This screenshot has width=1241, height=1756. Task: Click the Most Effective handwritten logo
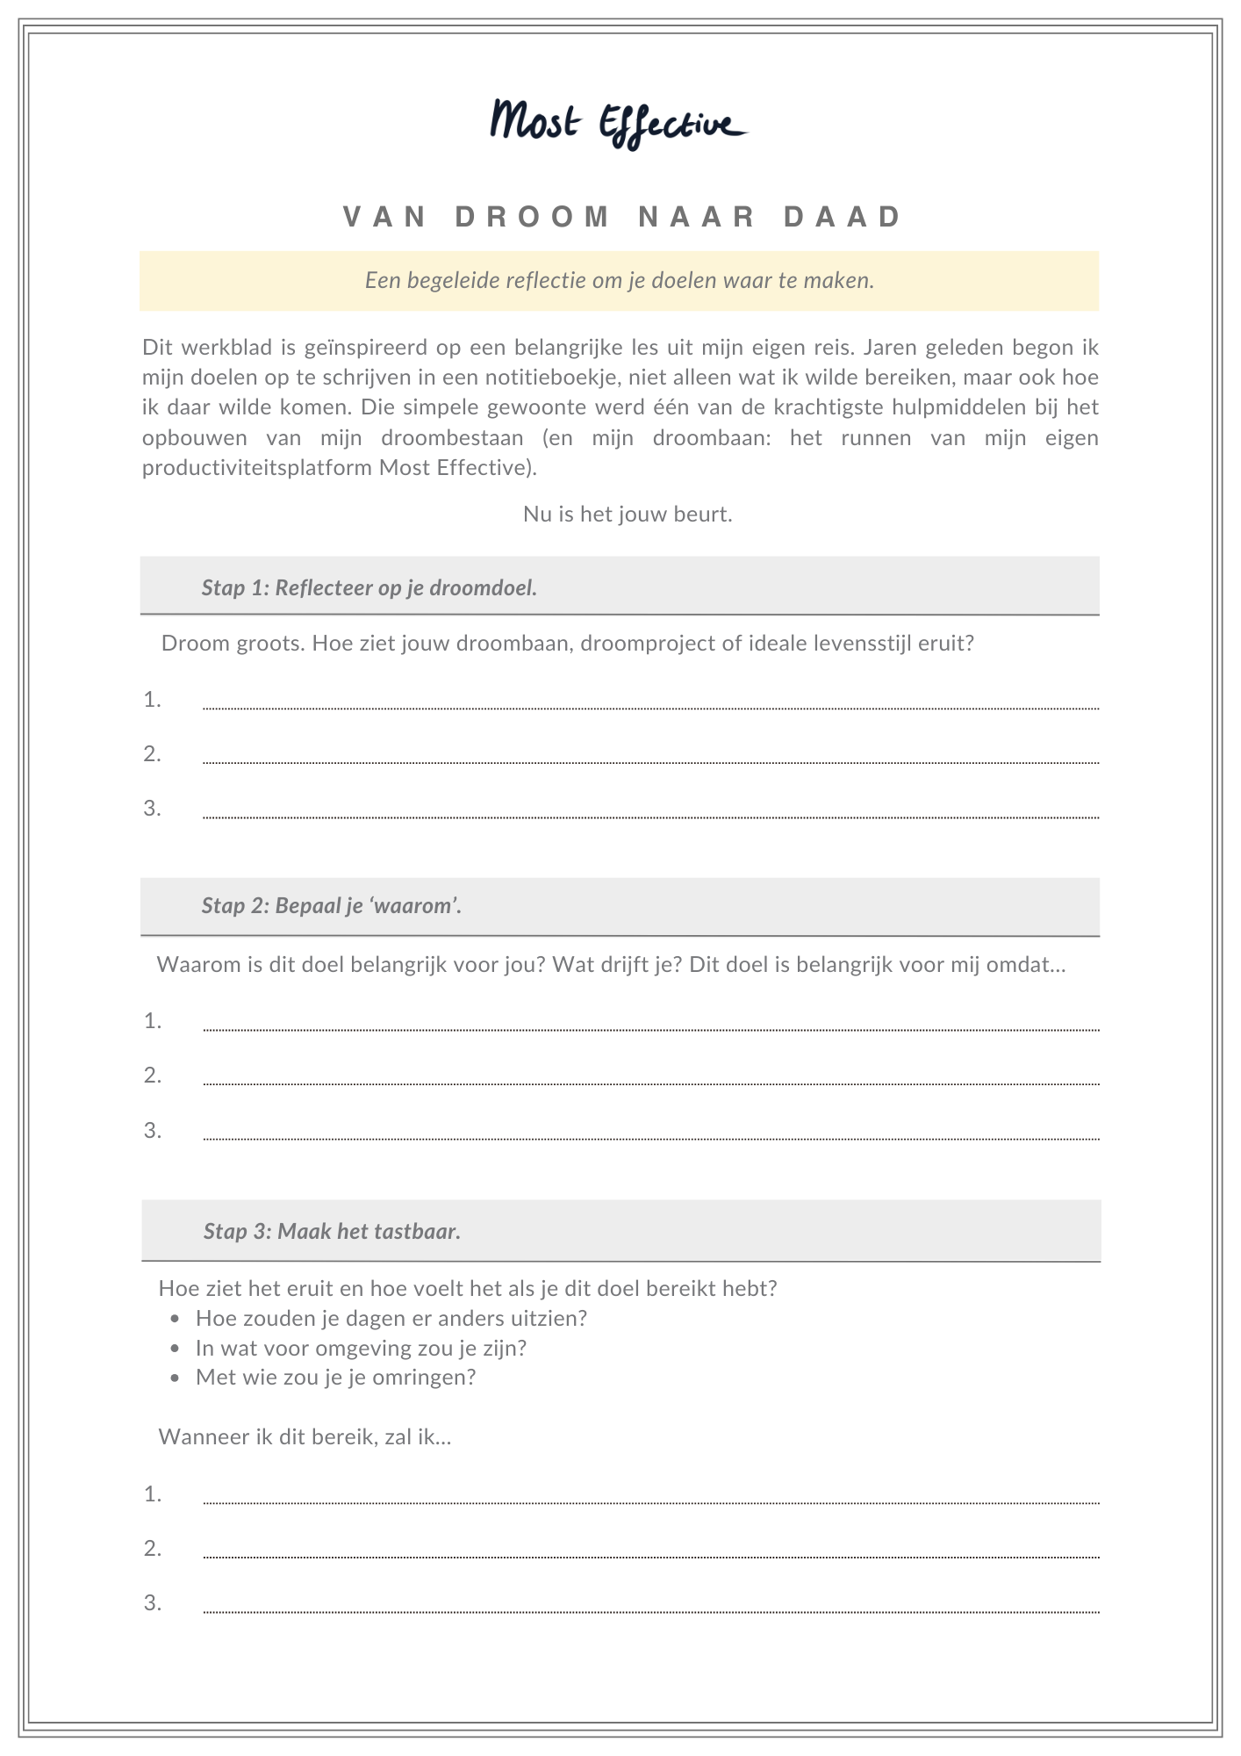619,123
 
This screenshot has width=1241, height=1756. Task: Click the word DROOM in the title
533,217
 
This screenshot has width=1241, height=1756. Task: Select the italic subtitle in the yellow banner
620,281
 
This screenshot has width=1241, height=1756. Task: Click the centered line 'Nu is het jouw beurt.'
628,514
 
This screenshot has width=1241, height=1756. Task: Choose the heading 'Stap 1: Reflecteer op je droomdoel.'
369,587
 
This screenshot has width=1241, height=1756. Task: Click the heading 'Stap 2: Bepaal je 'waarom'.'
332,906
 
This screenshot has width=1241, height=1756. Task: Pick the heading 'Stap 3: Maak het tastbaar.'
332,1231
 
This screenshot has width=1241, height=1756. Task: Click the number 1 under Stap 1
153,700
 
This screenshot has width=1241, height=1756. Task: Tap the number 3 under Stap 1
153,809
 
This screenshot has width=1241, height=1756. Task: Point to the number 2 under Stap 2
153,1076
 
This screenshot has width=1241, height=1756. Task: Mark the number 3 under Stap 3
153,1603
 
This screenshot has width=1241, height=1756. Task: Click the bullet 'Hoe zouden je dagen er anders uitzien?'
391,1319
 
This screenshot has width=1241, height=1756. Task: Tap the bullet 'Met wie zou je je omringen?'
335,1377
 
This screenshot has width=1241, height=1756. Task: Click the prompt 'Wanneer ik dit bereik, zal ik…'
305,1437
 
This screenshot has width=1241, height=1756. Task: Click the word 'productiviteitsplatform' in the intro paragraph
257,467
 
